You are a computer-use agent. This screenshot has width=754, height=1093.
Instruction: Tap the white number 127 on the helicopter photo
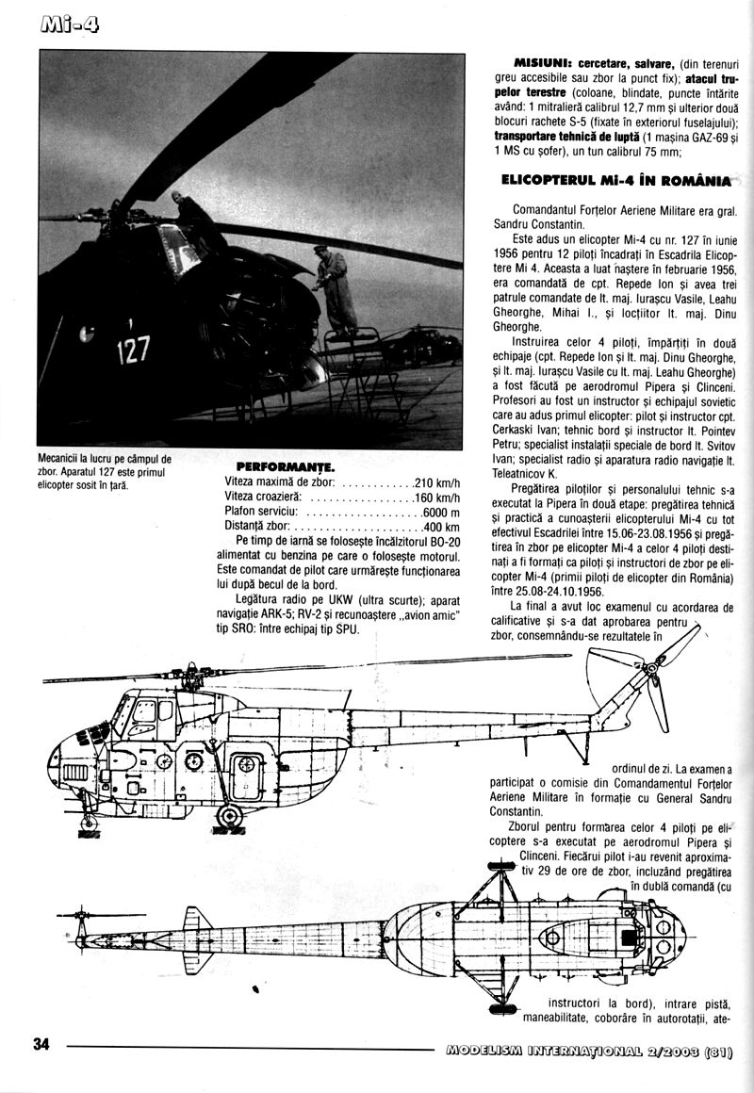(133, 351)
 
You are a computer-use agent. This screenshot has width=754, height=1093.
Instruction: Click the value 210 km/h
(437, 482)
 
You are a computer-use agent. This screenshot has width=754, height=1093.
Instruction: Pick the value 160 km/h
(437, 498)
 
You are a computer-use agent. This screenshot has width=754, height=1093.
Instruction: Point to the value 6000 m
(440, 513)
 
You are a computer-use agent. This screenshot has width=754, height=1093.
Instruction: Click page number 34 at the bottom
(41, 1043)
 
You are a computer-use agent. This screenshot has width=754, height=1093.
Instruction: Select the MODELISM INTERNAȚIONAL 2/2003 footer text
(596, 1045)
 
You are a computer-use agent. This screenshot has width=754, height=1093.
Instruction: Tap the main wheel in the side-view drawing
(229, 815)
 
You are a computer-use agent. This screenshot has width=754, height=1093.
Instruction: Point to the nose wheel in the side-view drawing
(89, 823)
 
